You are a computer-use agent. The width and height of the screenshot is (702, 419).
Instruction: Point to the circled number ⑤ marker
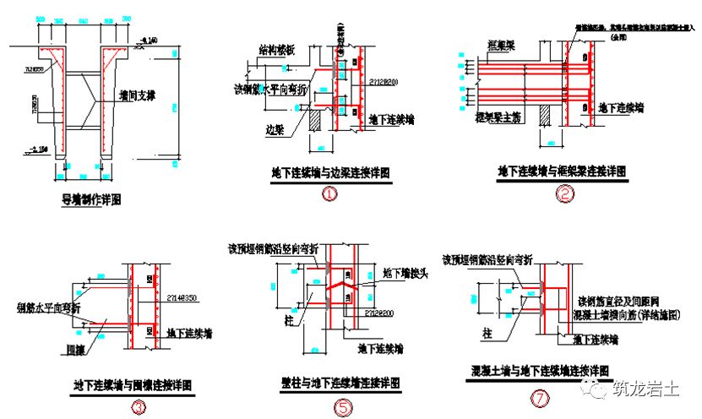pos(342,407)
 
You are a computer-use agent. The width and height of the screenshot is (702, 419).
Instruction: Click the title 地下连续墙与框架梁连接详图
pos(562,171)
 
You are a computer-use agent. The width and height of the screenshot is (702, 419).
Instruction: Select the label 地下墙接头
pos(400,273)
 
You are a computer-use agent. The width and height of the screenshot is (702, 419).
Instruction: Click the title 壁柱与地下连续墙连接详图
pos(341,383)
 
